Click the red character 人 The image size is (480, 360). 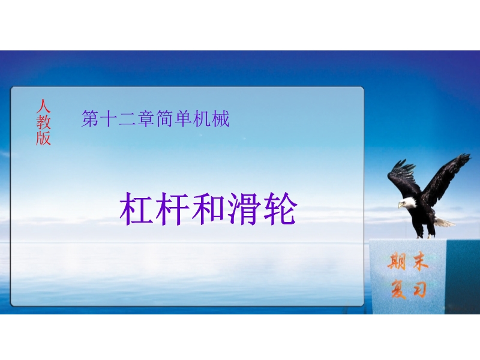click(43, 106)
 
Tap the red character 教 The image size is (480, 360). click(43, 122)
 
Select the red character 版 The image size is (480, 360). click(43, 138)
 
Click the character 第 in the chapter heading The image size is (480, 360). click(90, 119)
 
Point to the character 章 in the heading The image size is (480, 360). click(145, 119)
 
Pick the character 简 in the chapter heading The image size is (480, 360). click(164, 119)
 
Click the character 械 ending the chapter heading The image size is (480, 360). click(220, 119)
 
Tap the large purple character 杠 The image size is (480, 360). click(136, 209)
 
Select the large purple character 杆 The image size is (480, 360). click(172, 209)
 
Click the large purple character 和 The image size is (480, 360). click(208, 209)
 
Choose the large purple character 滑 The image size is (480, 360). click(244, 209)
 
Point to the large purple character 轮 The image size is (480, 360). click(280, 209)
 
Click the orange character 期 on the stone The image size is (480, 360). click(397, 261)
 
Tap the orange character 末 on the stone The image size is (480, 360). click(420, 261)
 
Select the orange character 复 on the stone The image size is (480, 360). click(398, 289)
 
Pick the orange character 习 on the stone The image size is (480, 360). click(419, 289)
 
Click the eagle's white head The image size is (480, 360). click(408, 203)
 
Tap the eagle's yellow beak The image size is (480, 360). click(400, 205)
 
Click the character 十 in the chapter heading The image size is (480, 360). click(109, 119)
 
